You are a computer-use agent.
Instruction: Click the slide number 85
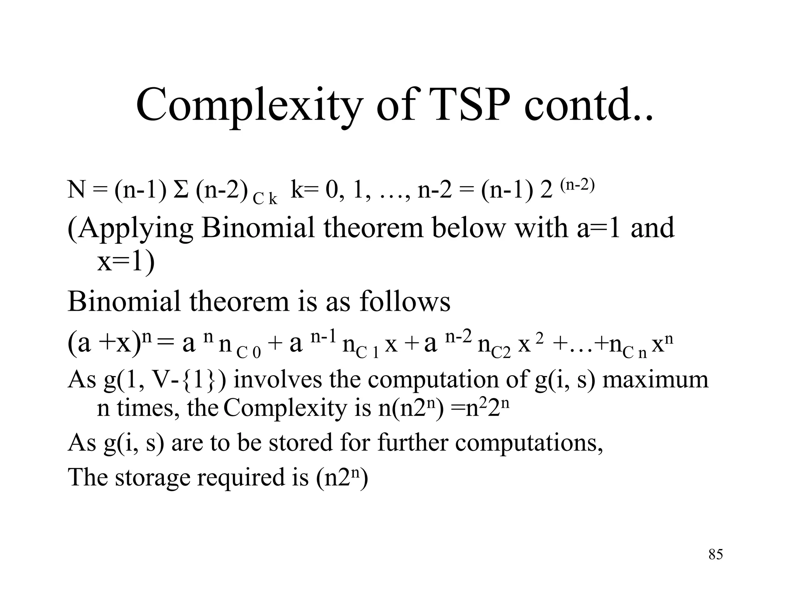[x=715, y=555]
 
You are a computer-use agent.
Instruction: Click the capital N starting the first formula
[x=76, y=190]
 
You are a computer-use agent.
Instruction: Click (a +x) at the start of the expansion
[x=104, y=343]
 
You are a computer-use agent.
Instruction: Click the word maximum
[x=655, y=380]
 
